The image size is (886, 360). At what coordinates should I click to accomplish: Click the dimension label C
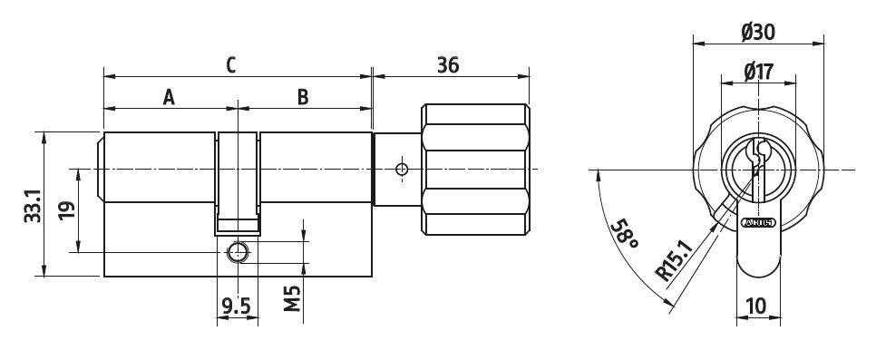230,64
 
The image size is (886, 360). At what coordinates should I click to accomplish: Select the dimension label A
169,97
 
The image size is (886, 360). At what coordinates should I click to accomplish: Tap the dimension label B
303,97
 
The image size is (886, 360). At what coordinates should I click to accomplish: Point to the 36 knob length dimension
448,64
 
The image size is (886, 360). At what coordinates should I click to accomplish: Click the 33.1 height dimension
30,204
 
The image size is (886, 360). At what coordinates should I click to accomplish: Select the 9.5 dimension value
236,306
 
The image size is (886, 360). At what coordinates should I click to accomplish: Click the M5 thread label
291,297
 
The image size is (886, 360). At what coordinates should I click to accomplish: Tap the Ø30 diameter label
757,33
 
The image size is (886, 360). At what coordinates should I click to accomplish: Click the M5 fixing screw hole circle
238,251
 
